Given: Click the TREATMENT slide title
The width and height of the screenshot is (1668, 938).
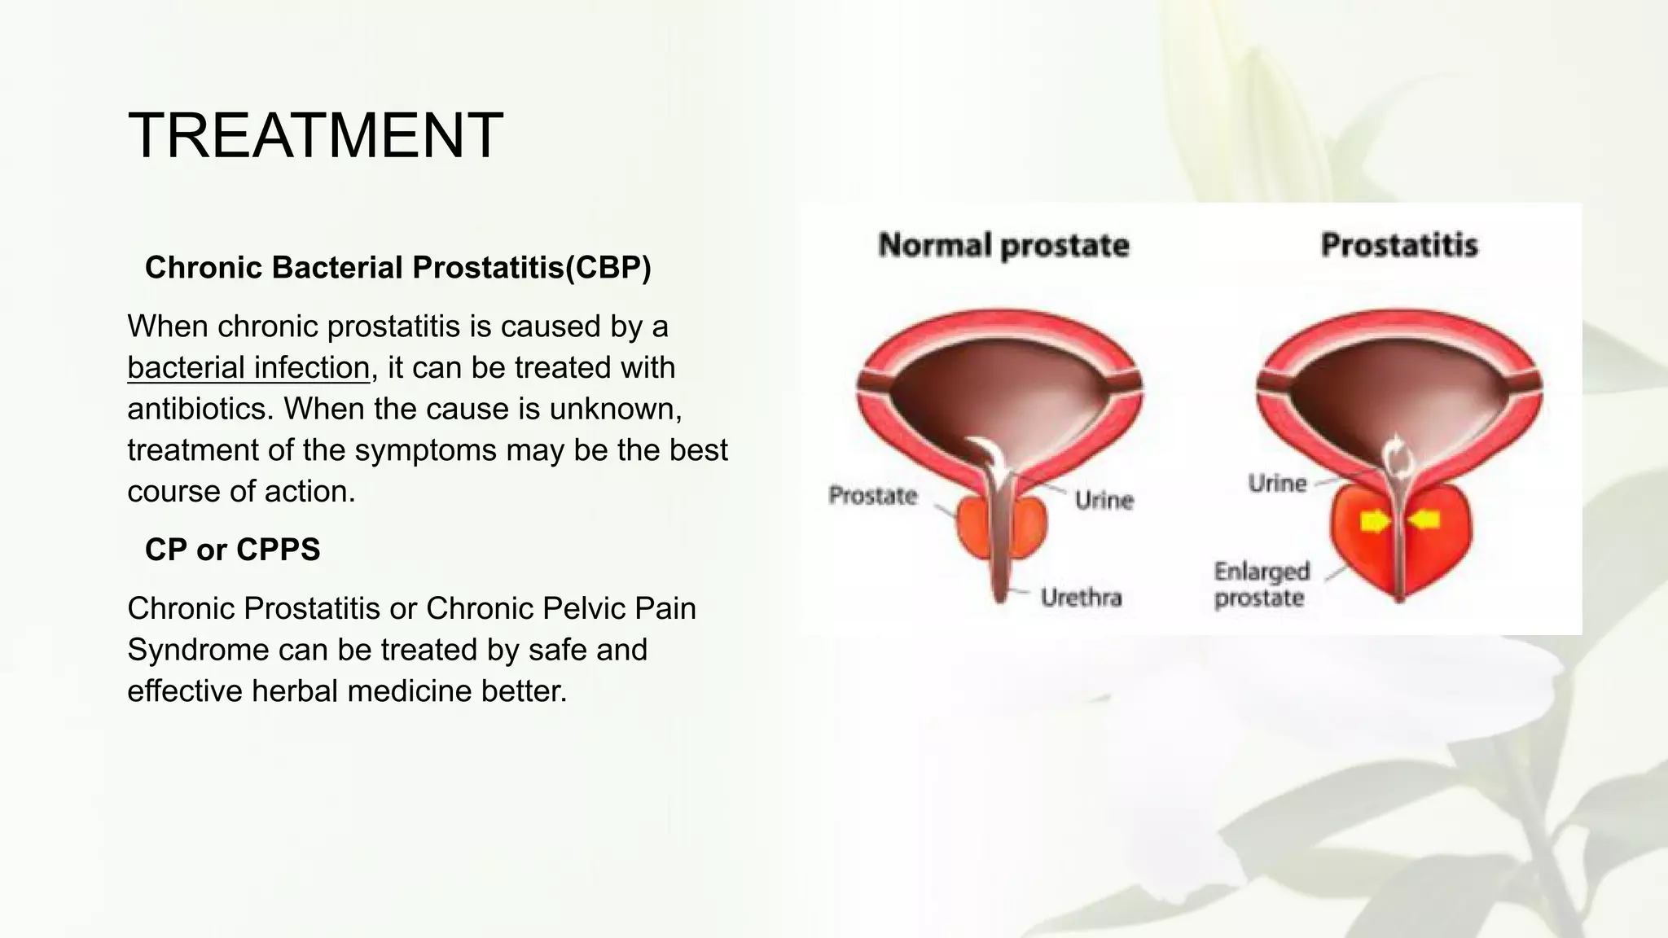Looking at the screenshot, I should [x=315, y=135].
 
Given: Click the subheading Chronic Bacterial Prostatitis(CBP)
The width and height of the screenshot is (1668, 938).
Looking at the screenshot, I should [x=397, y=267].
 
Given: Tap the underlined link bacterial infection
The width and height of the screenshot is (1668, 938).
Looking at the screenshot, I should [x=248, y=367].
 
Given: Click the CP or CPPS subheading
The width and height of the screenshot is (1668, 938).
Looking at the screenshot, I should [x=232, y=550].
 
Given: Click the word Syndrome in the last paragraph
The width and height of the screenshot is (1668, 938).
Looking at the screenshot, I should [x=199, y=650].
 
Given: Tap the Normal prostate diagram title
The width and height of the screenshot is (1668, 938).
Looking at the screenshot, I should [x=1003, y=245].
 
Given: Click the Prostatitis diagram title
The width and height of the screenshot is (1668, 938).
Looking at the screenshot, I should [x=1398, y=245].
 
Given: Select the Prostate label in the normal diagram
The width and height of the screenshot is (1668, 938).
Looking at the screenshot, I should [x=872, y=495].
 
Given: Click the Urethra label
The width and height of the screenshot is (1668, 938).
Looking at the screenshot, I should [x=1081, y=598].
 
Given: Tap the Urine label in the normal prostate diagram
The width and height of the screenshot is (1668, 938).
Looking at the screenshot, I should [x=1104, y=499].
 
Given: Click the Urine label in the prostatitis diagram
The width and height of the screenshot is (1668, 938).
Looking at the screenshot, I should [x=1276, y=484].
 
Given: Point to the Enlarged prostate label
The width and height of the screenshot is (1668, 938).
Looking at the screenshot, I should [x=1261, y=585].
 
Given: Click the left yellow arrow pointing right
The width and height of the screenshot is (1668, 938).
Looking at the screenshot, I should [x=1375, y=521].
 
